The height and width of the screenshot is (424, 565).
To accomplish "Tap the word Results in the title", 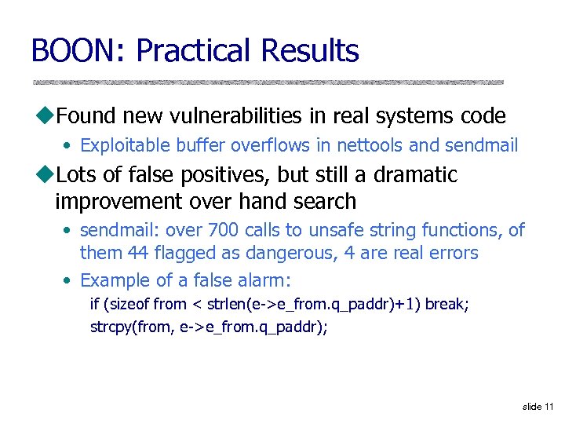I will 311,51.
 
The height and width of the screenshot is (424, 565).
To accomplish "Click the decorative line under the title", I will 267,82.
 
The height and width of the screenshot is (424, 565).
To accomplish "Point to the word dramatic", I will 415,174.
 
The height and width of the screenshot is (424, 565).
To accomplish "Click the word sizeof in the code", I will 126,304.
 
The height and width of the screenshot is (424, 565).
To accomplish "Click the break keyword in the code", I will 449,304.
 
